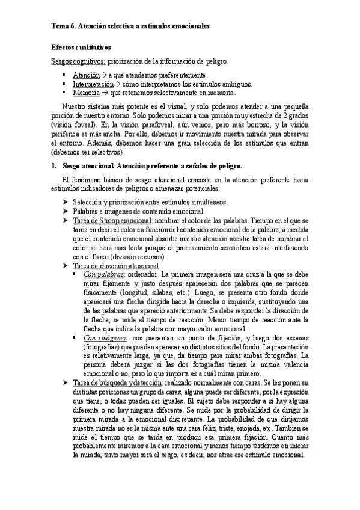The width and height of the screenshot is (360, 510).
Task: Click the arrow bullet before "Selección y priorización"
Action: [x=66, y=201]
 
